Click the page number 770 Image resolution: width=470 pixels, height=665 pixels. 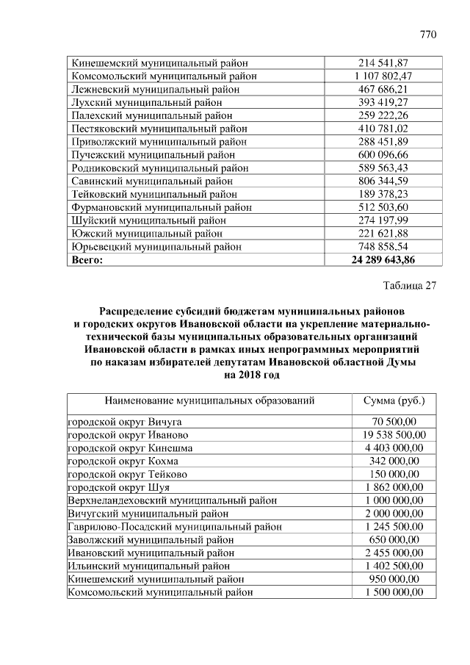(427, 35)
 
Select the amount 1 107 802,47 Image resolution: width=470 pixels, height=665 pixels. (383, 76)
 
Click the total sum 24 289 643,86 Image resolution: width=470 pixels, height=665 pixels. (383, 259)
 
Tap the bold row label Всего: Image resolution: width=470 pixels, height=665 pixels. (87, 259)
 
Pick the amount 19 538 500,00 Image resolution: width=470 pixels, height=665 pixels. (394, 434)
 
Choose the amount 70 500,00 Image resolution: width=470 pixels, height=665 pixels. (394, 421)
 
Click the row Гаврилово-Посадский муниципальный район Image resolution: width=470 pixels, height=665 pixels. (170, 526)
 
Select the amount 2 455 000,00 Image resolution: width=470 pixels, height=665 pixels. (394, 553)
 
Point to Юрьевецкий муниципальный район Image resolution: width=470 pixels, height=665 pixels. (156, 247)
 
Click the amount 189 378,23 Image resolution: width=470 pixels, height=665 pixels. (383, 194)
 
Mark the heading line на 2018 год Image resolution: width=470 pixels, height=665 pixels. (251, 375)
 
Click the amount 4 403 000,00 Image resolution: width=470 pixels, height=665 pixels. (394, 447)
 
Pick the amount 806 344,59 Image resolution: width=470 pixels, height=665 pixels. (383, 181)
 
